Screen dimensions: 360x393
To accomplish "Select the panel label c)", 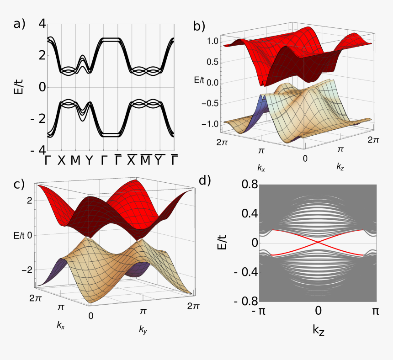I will point(19,184).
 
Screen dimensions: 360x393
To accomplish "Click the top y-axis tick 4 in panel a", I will point(42,24).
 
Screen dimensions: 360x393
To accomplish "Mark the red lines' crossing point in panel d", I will point(318,242).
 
